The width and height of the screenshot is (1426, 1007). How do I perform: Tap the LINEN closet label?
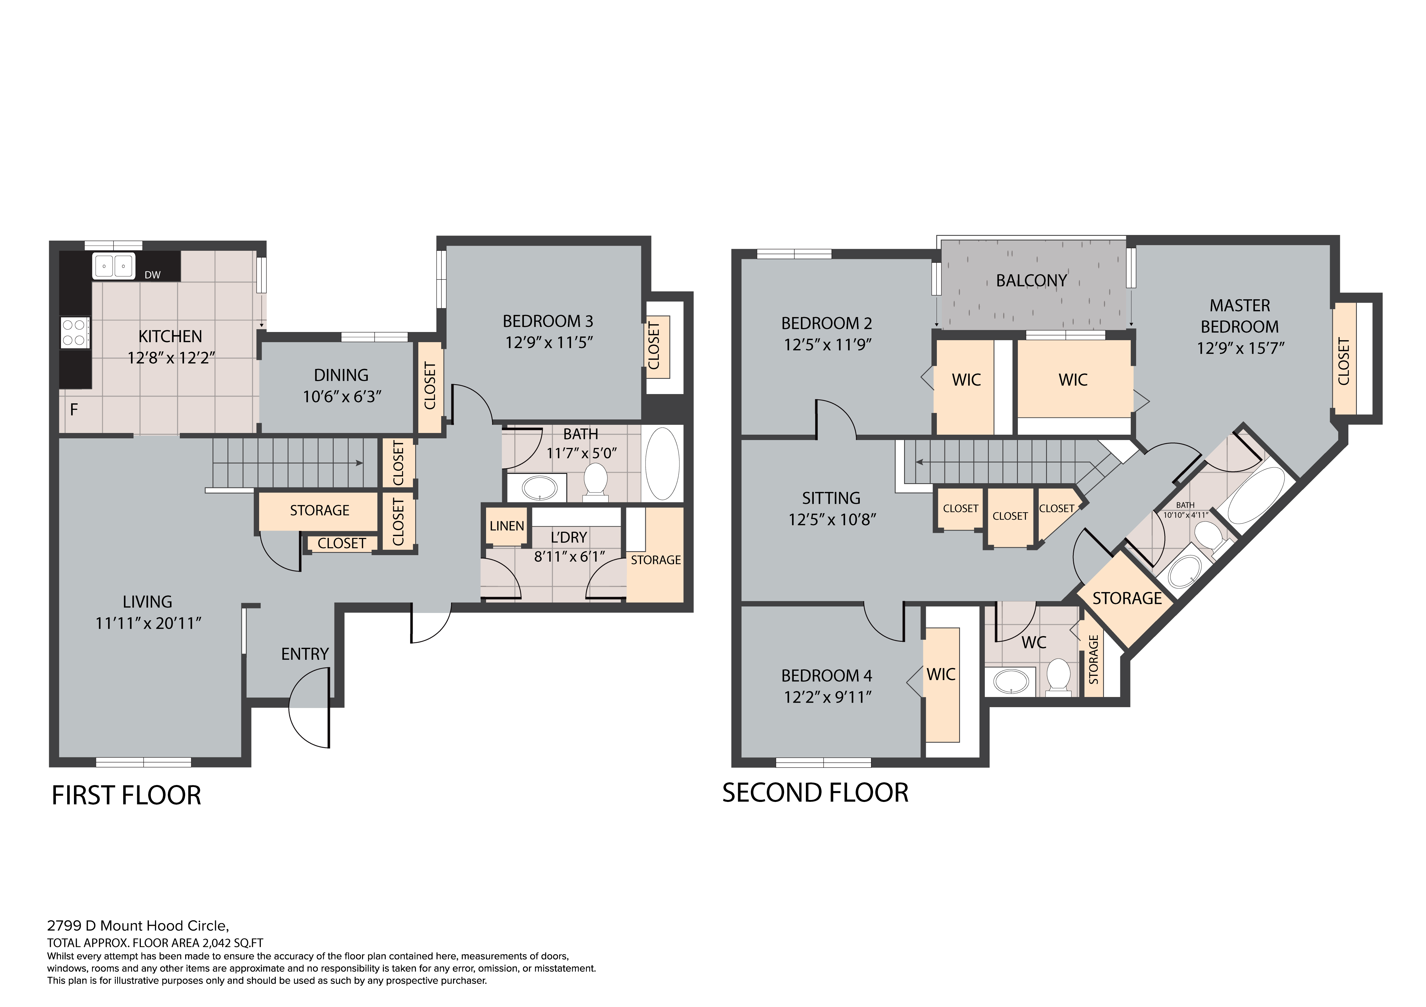tap(507, 526)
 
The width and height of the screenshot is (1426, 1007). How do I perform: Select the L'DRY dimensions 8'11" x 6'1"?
tap(570, 556)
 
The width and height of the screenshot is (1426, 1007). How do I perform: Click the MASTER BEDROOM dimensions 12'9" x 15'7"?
tap(1240, 348)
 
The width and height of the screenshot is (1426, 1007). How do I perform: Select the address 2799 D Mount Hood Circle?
tap(138, 926)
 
